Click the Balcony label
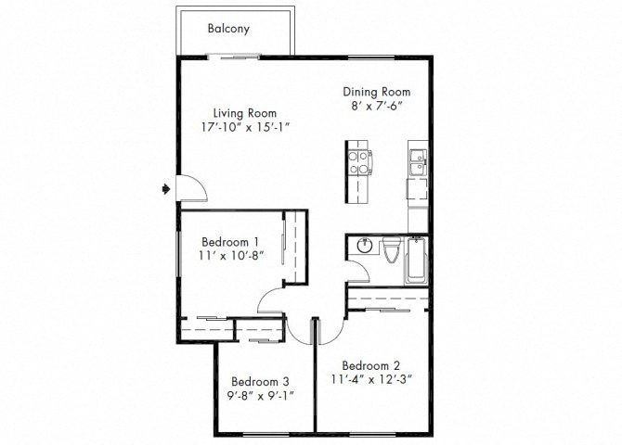[227, 28]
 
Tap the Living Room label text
[244, 112]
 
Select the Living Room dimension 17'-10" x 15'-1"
[244, 127]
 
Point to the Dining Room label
[376, 92]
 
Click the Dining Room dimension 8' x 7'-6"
[376, 107]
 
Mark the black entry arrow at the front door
[164, 188]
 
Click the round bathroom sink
[363, 247]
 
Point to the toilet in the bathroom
[391, 249]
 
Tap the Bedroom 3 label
[261, 381]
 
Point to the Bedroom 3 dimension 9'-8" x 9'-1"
[261, 396]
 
